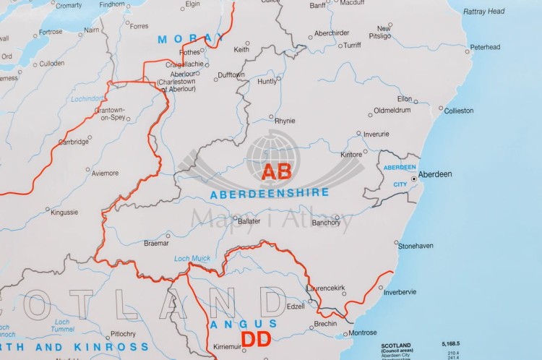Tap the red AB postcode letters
pos(276,172)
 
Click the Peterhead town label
pos(484,47)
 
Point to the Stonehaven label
pos(416,246)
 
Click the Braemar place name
pos(157,244)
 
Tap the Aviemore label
pos(105,173)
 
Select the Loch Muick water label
pos(191,259)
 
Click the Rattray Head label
pos(484,12)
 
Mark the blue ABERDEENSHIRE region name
pos(269,193)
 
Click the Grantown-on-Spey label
pos(111,113)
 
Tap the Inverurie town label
pos(376,134)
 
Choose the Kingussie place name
pos(64,212)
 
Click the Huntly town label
pos(267,81)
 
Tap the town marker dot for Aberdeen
pos(413,178)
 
